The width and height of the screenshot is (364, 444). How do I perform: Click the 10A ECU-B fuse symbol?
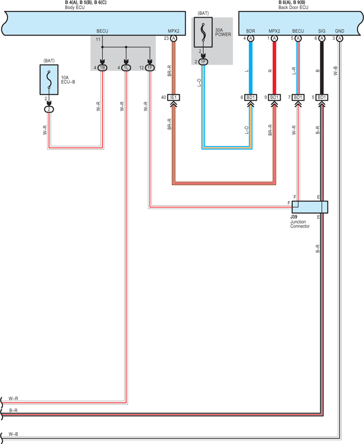49,79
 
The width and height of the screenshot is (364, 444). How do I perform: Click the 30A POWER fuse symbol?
203,32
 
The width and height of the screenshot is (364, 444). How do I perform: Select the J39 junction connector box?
310,207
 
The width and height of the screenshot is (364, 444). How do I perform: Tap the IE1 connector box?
174,97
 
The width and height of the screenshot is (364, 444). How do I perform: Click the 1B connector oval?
102,68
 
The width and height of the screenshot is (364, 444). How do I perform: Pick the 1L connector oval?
126,68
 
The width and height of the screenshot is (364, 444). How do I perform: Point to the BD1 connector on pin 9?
274,97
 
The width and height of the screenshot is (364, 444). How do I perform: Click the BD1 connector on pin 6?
250,97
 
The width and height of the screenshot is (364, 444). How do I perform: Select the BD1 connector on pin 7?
298,97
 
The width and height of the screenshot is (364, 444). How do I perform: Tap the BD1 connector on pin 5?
322,97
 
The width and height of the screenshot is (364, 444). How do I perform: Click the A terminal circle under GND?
340,38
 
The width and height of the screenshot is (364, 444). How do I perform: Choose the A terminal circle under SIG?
322,38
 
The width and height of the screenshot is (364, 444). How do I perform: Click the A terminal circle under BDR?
250,38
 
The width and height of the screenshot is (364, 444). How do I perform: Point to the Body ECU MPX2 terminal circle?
174,38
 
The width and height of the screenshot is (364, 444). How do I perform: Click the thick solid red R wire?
274,68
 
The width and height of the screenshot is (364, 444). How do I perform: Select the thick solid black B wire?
322,68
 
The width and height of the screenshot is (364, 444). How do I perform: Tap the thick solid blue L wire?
250,68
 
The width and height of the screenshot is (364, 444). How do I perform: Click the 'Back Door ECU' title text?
293,7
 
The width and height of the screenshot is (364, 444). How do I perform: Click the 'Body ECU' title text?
75,7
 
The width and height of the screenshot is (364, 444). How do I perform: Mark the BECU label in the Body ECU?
102,31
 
